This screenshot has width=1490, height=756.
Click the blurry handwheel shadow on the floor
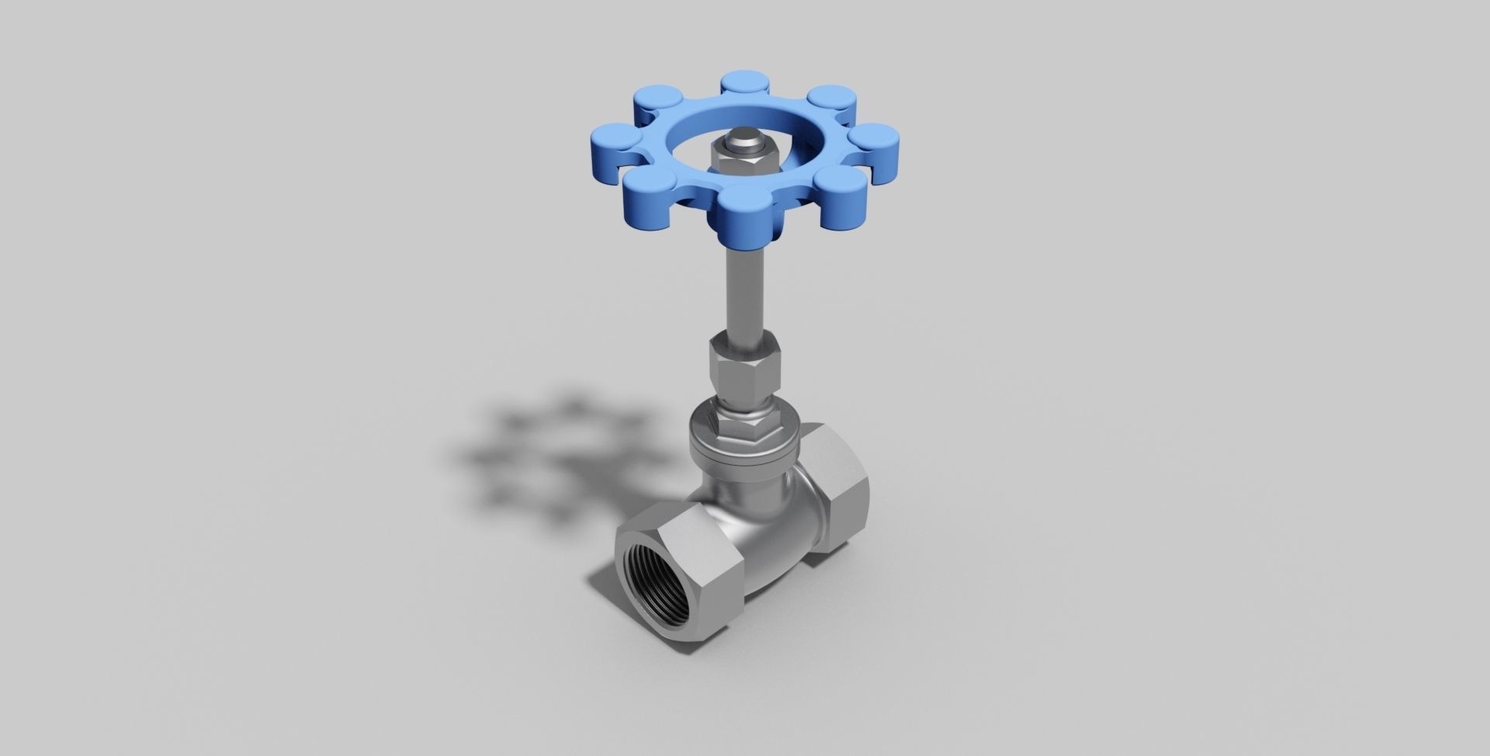[x=559, y=450]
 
